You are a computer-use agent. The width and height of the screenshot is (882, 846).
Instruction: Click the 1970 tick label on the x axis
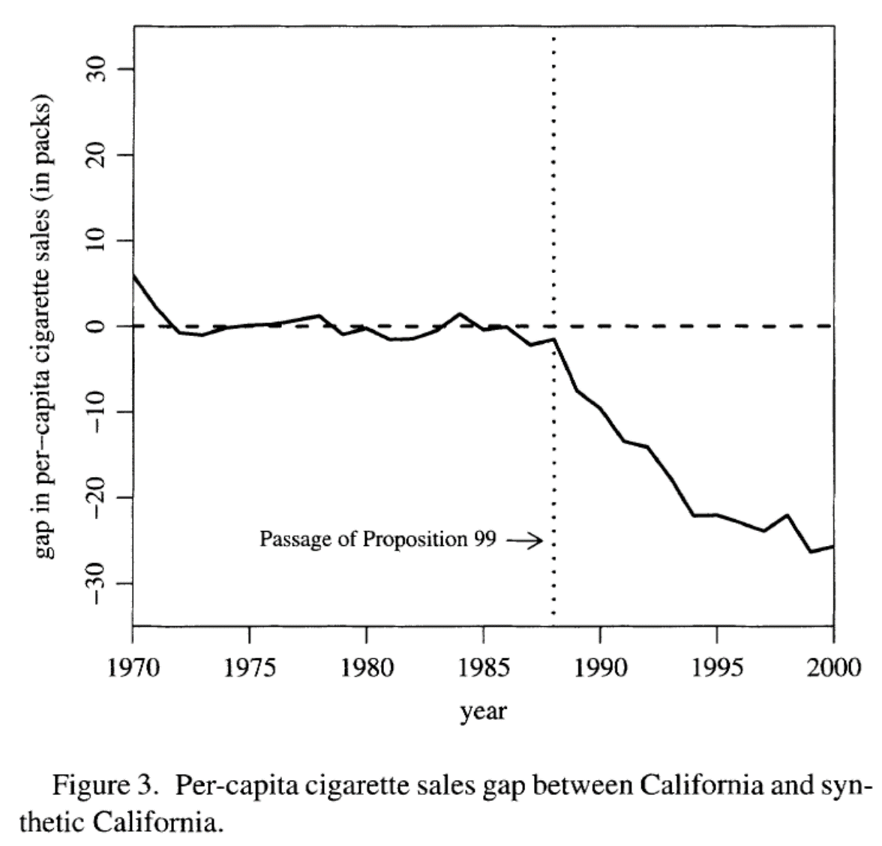coord(133,667)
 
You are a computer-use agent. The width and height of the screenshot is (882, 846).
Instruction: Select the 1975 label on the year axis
coord(250,667)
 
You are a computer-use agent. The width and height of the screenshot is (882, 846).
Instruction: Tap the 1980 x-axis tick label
coord(367,667)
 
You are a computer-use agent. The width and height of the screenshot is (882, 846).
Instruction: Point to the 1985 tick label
coord(484,667)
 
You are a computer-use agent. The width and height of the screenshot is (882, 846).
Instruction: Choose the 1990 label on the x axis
coord(600,667)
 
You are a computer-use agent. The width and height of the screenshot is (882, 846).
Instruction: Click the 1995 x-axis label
coord(717,667)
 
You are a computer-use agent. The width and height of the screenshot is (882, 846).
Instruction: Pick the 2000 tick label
coord(833,667)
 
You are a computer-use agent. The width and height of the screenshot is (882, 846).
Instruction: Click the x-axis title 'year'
coord(484,710)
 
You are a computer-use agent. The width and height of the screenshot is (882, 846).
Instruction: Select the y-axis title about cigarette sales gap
coord(46,326)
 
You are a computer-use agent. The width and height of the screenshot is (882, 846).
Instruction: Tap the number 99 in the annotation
coord(484,539)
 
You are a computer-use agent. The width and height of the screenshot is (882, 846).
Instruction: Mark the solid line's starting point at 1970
coord(133,274)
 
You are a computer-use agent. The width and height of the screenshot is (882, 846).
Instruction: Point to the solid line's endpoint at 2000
coord(832,547)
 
